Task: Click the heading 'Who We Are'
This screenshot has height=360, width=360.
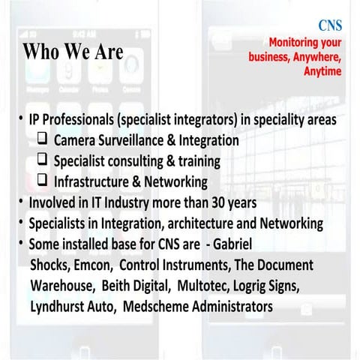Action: coord(72,52)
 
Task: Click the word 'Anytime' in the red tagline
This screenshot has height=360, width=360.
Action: coord(322,71)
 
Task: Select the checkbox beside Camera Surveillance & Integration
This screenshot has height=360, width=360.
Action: coord(43,139)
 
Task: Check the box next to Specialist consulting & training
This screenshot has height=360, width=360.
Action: coord(43,160)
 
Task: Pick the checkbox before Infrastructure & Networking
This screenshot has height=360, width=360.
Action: coord(43,180)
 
